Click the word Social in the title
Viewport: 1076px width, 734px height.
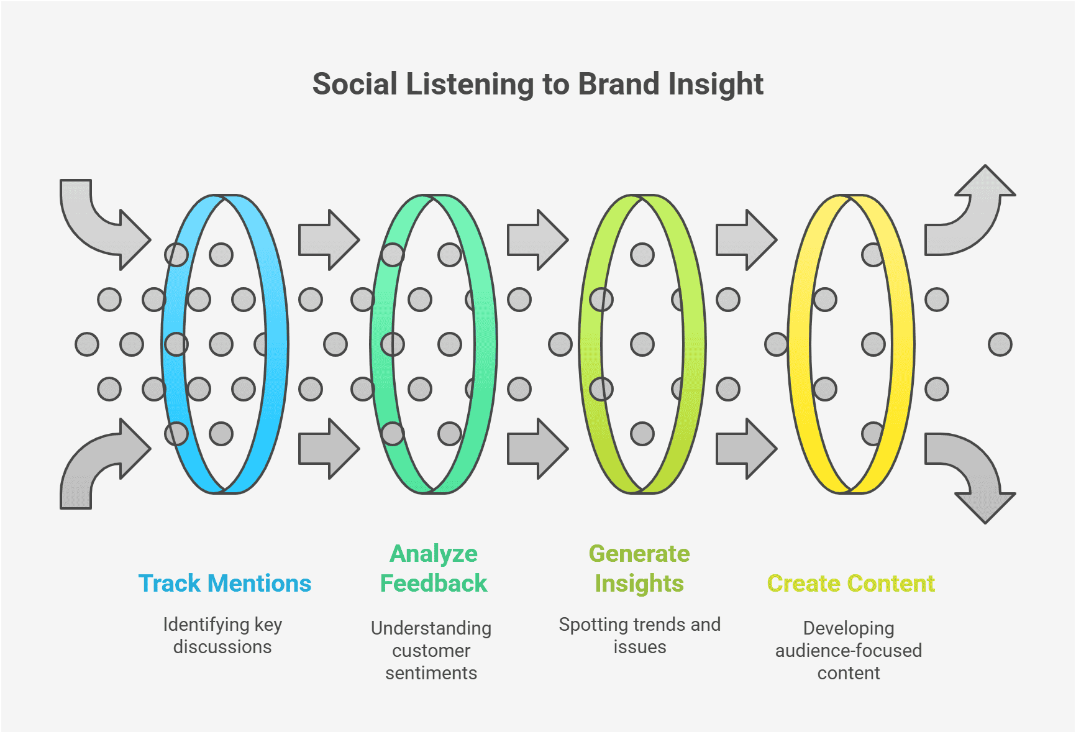pyautogui.click(x=355, y=85)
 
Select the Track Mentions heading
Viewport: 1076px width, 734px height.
pyautogui.click(x=224, y=584)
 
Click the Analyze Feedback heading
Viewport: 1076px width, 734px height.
pyautogui.click(x=434, y=569)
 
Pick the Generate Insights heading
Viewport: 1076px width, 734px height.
pyautogui.click(x=639, y=569)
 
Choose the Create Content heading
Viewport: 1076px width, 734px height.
pyautogui.click(x=850, y=584)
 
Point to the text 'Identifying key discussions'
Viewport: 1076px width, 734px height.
pyautogui.click(x=222, y=635)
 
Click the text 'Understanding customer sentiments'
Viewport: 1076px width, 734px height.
pyautogui.click(x=431, y=650)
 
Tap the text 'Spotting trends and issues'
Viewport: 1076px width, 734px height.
pyautogui.click(x=639, y=635)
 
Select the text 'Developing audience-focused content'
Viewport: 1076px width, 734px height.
pyautogui.click(x=849, y=650)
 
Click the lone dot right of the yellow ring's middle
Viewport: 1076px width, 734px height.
pyautogui.click(x=1000, y=344)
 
